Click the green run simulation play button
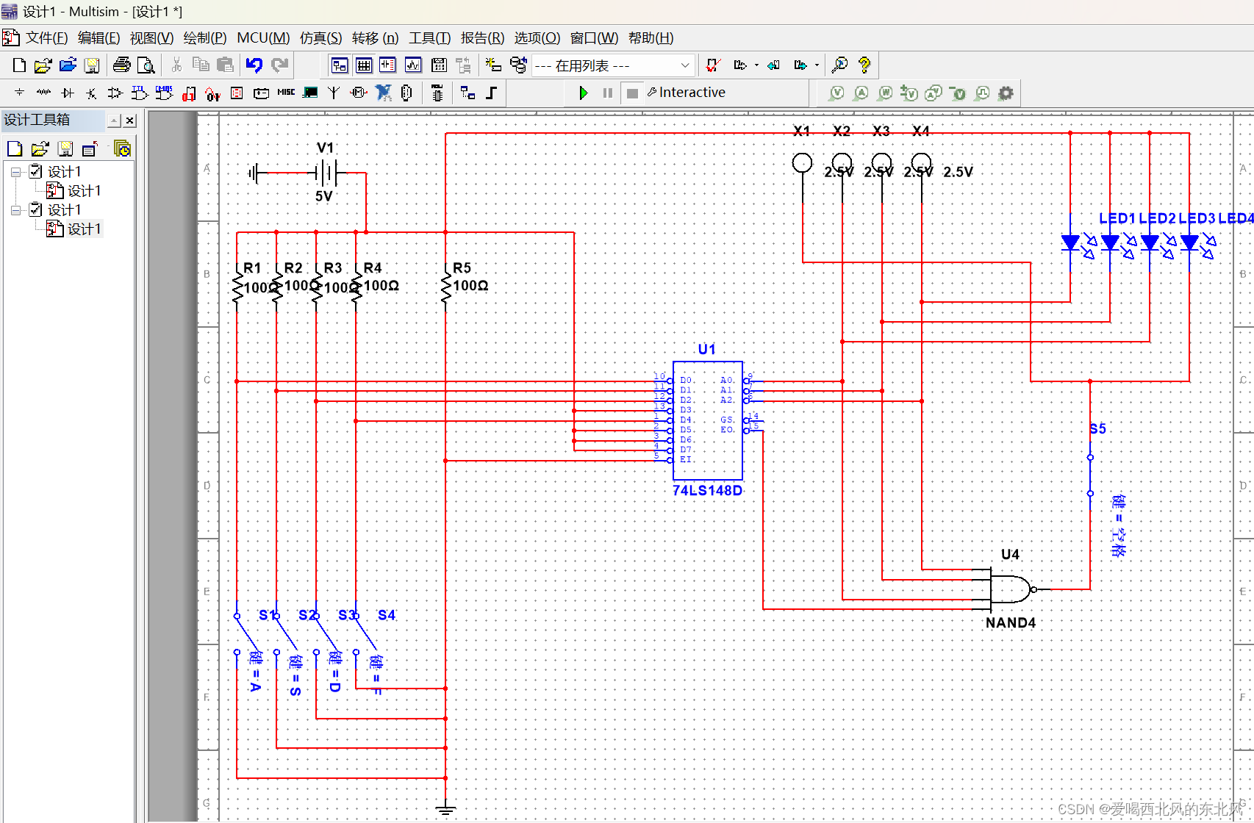click(583, 93)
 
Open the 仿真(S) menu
click(320, 38)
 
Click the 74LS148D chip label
click(707, 490)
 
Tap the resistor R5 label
click(462, 268)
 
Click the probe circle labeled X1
click(802, 163)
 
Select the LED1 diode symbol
click(1071, 243)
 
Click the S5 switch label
click(1097, 428)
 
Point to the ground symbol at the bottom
click(445, 809)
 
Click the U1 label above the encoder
click(706, 349)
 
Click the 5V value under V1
click(323, 197)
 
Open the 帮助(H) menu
click(651, 38)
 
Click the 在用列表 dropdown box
click(612, 65)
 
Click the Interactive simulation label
click(692, 93)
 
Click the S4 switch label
click(387, 615)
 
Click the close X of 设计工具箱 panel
click(130, 121)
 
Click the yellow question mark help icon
click(864, 65)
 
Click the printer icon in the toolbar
click(121, 65)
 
